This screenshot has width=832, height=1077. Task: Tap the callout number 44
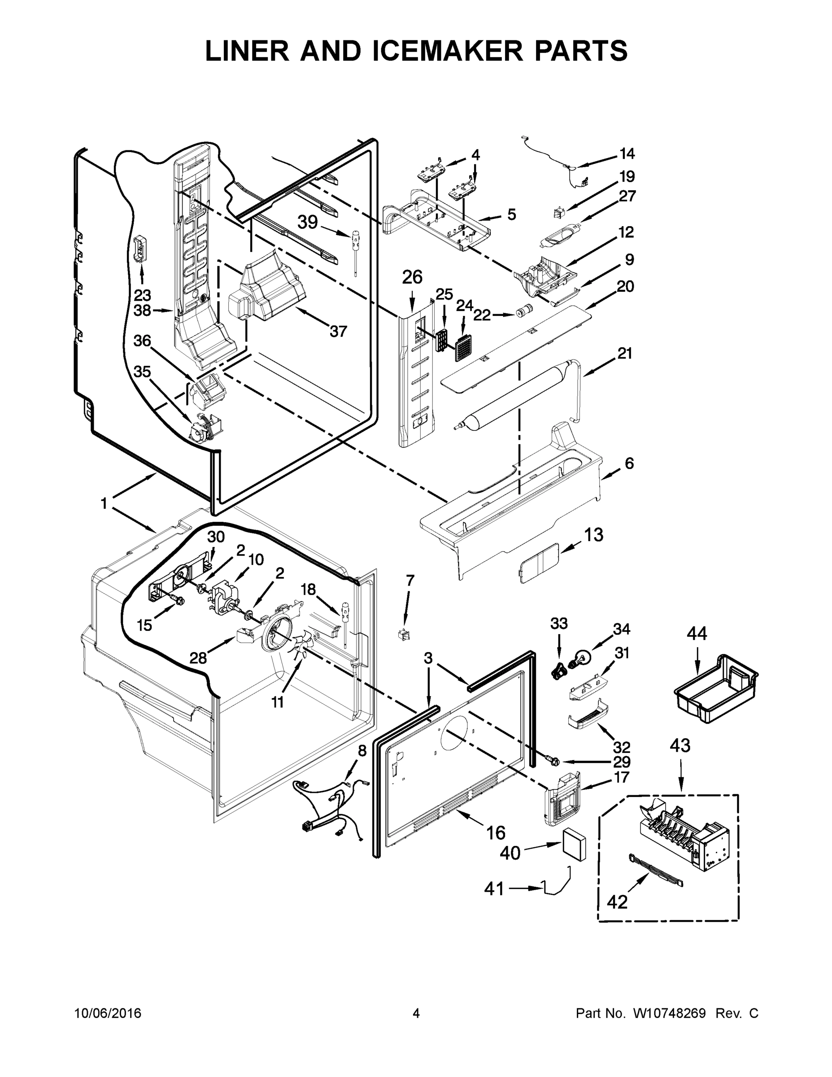pyautogui.click(x=697, y=633)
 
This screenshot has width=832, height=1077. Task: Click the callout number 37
pyautogui.click(x=338, y=331)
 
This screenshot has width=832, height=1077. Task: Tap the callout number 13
pyautogui.click(x=593, y=534)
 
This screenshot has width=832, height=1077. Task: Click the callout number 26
pyautogui.click(x=412, y=277)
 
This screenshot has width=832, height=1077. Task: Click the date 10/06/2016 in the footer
pyautogui.click(x=108, y=1013)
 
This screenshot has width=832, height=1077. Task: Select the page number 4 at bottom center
pyautogui.click(x=416, y=1013)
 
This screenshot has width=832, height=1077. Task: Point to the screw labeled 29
pyautogui.click(x=553, y=762)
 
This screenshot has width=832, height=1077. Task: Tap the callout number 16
pyautogui.click(x=496, y=833)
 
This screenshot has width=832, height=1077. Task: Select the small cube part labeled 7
pyautogui.click(x=404, y=635)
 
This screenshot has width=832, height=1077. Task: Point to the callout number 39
pyautogui.click(x=308, y=223)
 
